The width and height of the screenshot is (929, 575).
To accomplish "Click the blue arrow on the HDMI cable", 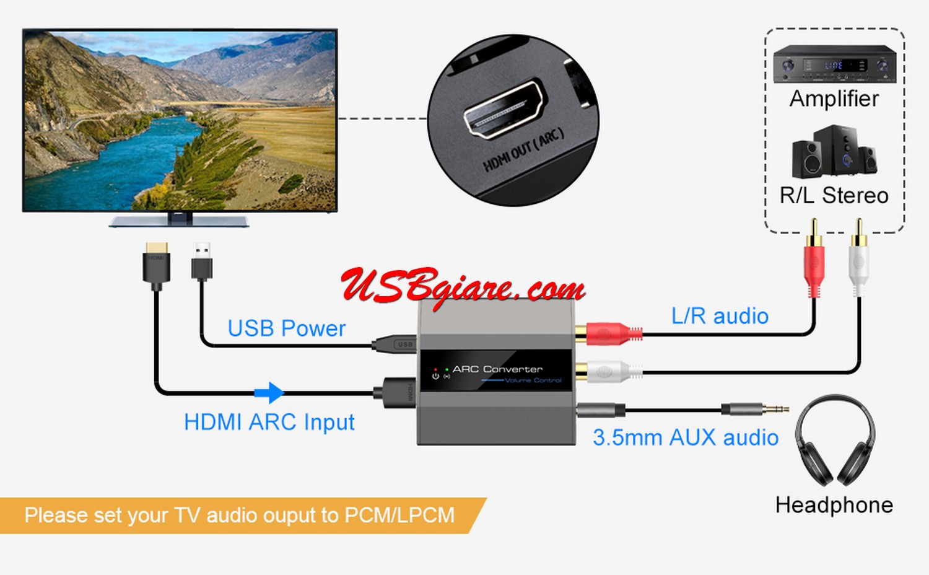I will point(269,392).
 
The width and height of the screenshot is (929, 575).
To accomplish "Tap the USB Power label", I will point(286,328).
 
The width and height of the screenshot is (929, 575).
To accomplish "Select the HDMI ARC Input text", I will point(269,423).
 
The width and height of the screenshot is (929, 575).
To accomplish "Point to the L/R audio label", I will point(720,316).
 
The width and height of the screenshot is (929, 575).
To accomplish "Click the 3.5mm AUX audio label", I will point(685,437).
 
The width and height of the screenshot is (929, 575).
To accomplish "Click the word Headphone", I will point(834,505).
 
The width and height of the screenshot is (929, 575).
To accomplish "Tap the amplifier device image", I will point(834,64).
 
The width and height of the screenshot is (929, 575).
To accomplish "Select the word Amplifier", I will point(834,99).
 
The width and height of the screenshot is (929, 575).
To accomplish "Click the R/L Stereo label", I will point(834,196).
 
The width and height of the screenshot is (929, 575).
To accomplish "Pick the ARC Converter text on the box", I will point(497,369).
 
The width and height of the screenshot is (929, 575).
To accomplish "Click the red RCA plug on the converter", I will point(610,334).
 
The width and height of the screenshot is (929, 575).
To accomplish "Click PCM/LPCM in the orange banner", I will point(399,516).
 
